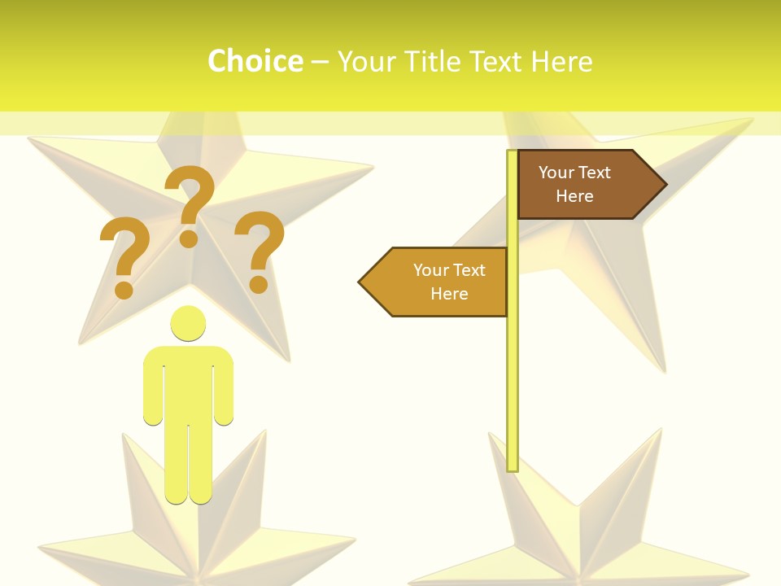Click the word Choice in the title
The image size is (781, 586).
coord(255,62)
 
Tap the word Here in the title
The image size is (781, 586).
coord(561,62)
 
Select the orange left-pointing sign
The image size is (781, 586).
coord(439,282)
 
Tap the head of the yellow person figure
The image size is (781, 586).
coord(188,323)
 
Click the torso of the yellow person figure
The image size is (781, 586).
coord(188,383)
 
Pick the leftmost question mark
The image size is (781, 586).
coord(124,252)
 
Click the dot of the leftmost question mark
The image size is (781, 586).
coord(124,290)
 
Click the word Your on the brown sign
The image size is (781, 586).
coord(556,173)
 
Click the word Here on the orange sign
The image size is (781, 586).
coord(449,294)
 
